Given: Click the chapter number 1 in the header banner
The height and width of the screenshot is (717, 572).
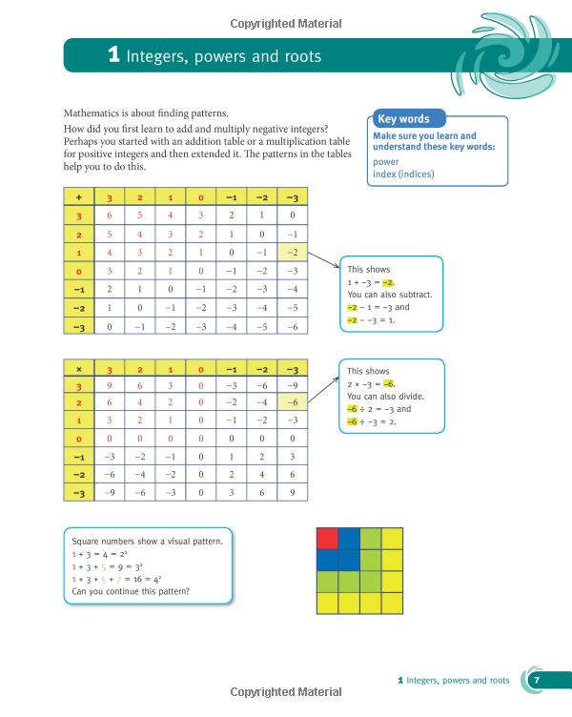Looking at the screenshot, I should coord(113,56).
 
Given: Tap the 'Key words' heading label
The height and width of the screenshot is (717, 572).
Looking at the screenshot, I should coord(403,119).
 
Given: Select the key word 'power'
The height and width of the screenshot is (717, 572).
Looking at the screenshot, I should coord(386,162).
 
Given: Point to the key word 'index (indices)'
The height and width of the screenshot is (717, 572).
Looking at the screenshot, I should coord(403,174).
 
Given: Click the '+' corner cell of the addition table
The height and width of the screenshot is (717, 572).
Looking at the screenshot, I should coord(79,197).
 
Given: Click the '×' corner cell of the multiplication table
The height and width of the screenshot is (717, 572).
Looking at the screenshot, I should coord(79,369).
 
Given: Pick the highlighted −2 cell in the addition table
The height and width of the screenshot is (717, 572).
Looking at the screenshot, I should coord(293,253).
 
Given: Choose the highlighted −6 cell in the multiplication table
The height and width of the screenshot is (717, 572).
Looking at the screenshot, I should coord(293,402).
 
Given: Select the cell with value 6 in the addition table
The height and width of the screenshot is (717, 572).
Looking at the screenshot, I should coord(110,215).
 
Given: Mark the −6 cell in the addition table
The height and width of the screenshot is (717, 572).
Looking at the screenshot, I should coord(293,326).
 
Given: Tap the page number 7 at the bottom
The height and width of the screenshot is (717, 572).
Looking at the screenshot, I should coord(536,681).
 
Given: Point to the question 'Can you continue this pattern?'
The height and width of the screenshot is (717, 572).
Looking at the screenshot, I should coord(131,591).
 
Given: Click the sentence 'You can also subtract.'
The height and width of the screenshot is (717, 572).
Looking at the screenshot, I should coord(389,295).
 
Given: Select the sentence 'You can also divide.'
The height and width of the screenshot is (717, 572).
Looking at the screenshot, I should coord(385,396).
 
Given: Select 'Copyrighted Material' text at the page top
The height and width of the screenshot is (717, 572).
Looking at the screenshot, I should coord(286,23).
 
